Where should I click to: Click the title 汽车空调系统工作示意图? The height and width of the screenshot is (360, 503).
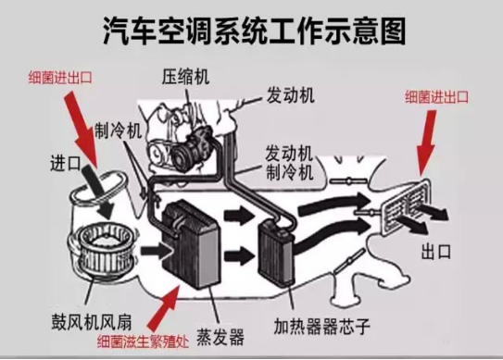click(x=253, y=31)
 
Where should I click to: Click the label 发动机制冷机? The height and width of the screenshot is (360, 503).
click(x=292, y=162)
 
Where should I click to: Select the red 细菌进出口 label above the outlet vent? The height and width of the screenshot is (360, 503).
click(x=437, y=95)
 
